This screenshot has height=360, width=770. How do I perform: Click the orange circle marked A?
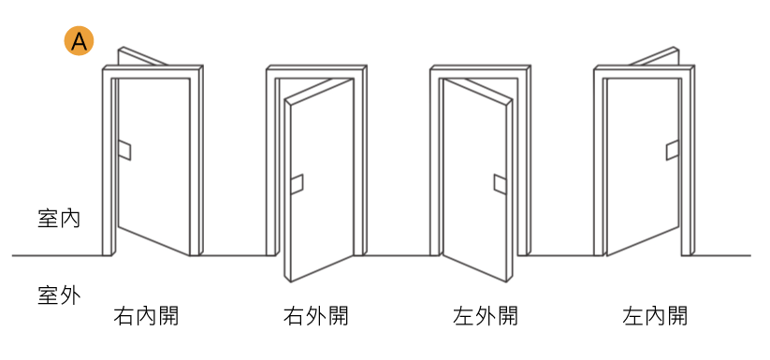pos(79,40)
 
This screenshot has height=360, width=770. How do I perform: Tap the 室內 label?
pos(59,220)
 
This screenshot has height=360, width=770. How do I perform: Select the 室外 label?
pos(59,296)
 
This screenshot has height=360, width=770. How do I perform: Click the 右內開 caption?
pos(146,316)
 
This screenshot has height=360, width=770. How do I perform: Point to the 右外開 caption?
pos(315,316)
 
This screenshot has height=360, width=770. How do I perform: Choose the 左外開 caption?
pos(483,316)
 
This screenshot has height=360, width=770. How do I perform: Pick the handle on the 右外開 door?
pos(297,184)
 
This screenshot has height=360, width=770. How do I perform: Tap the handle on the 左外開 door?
pos(500,184)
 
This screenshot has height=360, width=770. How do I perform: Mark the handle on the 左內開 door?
pos(671,151)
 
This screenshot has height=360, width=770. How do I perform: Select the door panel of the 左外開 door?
pos(477,178)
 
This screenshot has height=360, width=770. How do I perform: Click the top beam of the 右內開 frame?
pos(152,71)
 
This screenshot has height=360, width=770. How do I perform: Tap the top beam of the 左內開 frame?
pos(644,71)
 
